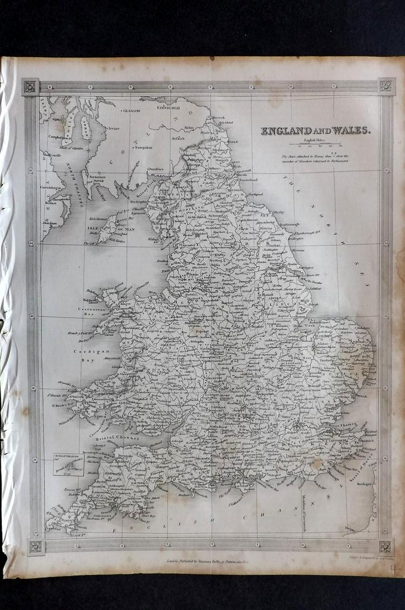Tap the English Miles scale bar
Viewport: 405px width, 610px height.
315,145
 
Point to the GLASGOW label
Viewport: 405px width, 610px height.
131,111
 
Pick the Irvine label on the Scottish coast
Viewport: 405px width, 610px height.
113,128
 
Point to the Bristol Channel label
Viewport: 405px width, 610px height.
118,438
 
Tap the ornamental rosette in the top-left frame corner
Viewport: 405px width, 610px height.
30,87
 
